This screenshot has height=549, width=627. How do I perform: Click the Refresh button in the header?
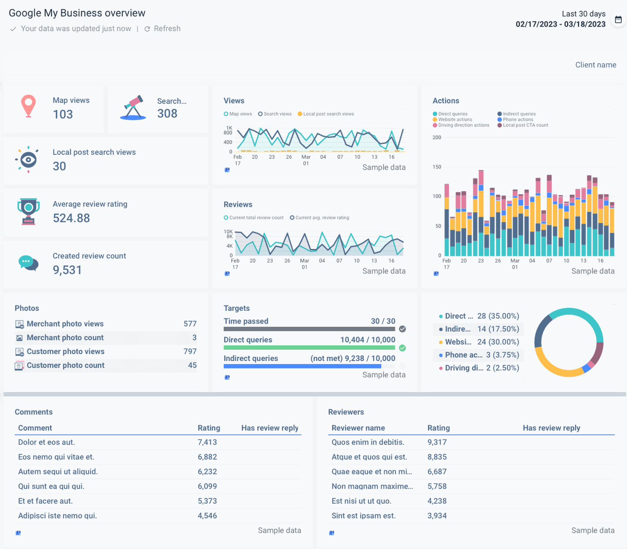[162, 29]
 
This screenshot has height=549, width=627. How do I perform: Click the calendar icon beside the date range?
[618, 20]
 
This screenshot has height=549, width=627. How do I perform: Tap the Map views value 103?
[63, 114]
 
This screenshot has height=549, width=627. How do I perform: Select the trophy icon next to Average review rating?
[29, 211]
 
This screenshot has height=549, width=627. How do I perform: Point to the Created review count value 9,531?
[67, 270]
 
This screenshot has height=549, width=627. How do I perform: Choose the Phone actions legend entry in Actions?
[518, 119]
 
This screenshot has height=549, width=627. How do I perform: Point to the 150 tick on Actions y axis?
[437, 167]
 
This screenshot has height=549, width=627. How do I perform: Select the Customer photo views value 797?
[190, 351]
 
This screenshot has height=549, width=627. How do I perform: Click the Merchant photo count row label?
[65, 338]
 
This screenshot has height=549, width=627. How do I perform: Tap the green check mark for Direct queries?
[402, 348]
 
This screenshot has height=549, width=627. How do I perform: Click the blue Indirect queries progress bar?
[302, 366]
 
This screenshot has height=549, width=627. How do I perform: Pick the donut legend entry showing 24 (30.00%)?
[479, 342]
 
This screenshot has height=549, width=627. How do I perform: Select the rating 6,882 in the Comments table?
[207, 457]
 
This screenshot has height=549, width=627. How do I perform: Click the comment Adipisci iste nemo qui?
[57, 516]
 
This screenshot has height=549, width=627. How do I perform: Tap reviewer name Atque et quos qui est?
[369, 457]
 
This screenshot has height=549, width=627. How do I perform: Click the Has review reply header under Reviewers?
[551, 428]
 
